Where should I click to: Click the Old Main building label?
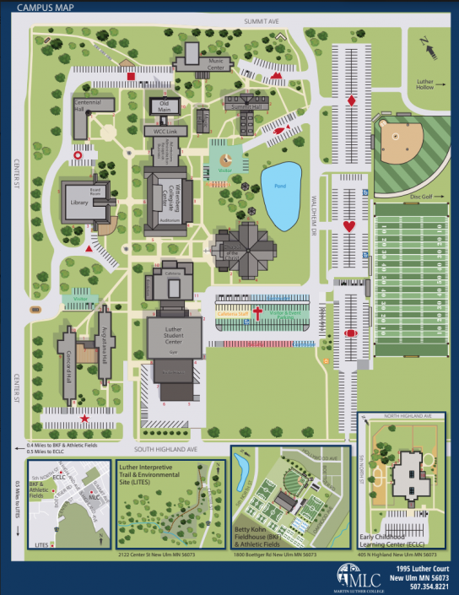pyautogui.click(x=165, y=105)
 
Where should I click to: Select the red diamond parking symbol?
pyautogui.click(x=351, y=101)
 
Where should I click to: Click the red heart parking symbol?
pyautogui.click(x=349, y=226)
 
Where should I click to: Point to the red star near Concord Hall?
pyautogui.click(x=84, y=418)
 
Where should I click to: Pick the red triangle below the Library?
pyautogui.click(x=89, y=250)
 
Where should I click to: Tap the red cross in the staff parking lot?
pyautogui.click(x=248, y=315)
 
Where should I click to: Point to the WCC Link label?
pyautogui.click(x=165, y=132)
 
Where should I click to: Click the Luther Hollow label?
pyautogui.click(x=424, y=85)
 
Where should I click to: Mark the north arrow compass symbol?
pyautogui.click(x=433, y=50)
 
